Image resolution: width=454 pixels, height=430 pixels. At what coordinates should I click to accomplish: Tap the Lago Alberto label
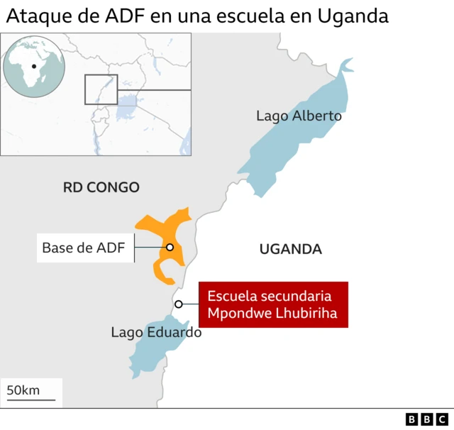click(299, 116)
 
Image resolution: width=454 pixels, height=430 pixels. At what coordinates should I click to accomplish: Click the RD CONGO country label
click(101, 187)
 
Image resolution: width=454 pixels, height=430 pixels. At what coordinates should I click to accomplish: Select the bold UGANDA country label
click(291, 249)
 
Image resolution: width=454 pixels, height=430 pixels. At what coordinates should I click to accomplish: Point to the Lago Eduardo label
click(156, 332)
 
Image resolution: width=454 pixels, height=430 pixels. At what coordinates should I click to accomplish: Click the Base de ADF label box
click(84, 248)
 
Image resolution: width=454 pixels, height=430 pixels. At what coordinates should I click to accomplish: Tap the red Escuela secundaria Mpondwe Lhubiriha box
click(273, 304)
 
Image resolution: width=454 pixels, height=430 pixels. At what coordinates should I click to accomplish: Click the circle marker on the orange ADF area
click(170, 247)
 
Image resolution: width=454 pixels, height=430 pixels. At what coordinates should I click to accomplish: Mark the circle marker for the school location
click(179, 304)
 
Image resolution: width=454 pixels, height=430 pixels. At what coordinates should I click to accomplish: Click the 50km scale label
click(23, 390)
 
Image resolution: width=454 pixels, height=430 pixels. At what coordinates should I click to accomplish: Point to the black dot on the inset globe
click(33, 66)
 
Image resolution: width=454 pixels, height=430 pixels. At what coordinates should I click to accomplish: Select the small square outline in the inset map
click(101, 89)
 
